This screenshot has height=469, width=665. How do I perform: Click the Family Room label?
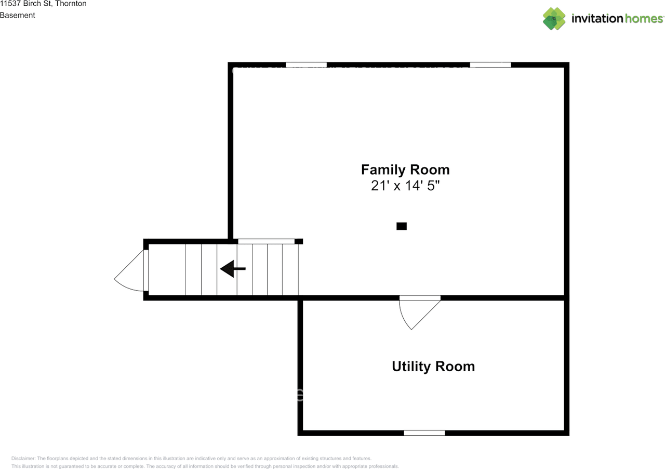pos(405,170)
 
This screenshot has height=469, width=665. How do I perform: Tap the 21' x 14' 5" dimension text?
pos(405,186)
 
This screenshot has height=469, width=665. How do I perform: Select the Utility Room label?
pos(433,366)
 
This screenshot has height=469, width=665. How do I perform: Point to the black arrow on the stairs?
pos(232,269)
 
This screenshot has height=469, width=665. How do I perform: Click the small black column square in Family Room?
pos(401,226)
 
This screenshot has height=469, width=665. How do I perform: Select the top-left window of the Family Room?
pos(306,65)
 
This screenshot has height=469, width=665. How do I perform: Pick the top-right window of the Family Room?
pos(490,65)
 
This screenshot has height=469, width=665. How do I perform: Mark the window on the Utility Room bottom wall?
pos(424,433)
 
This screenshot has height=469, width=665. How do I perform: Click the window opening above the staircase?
pos(266,241)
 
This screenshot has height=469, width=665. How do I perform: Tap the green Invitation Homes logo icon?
pos(554,19)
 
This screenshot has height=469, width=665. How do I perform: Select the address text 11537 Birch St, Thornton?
pos(43,4)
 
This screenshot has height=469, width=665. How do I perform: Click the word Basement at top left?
pos(18,15)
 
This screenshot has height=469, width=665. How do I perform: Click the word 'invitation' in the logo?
pos(597,19)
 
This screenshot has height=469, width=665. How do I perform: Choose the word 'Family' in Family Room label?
pos(383,170)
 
